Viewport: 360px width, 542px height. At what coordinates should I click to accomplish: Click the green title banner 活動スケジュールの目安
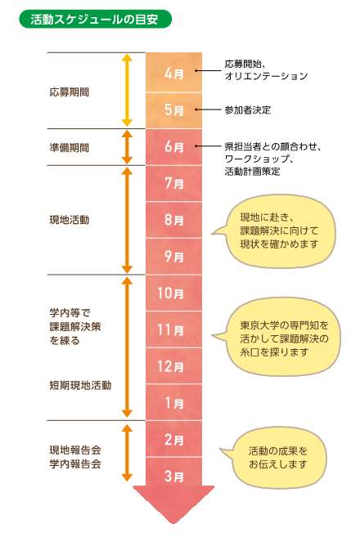point(96,19)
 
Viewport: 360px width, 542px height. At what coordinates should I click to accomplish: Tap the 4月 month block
point(173,72)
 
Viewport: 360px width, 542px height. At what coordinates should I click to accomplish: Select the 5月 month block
point(173,110)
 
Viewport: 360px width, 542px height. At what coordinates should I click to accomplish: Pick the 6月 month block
point(173,147)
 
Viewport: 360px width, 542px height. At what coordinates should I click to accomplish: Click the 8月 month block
point(173,220)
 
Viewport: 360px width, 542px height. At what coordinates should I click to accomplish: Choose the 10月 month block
point(173,293)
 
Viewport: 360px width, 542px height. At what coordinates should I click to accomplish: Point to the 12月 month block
point(173,365)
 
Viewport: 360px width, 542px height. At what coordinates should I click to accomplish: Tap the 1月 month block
point(173,402)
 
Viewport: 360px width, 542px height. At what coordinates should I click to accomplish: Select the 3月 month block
point(173,476)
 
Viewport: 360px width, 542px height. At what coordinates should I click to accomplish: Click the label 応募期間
point(70,92)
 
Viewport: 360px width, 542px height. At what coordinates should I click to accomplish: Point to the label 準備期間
point(70,148)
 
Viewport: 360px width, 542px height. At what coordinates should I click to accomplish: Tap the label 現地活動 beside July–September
point(70,220)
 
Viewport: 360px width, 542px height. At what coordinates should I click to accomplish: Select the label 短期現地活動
point(80,385)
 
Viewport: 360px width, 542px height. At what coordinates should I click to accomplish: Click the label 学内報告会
point(75,464)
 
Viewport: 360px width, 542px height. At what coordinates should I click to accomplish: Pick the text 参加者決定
point(248,110)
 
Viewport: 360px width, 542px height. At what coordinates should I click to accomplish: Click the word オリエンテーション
point(266,76)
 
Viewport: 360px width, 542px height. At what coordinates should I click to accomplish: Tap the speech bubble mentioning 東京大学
point(277,337)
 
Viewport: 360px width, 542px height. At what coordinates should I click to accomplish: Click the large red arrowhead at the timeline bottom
point(173,504)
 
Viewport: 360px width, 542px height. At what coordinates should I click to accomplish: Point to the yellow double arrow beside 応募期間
point(128,90)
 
